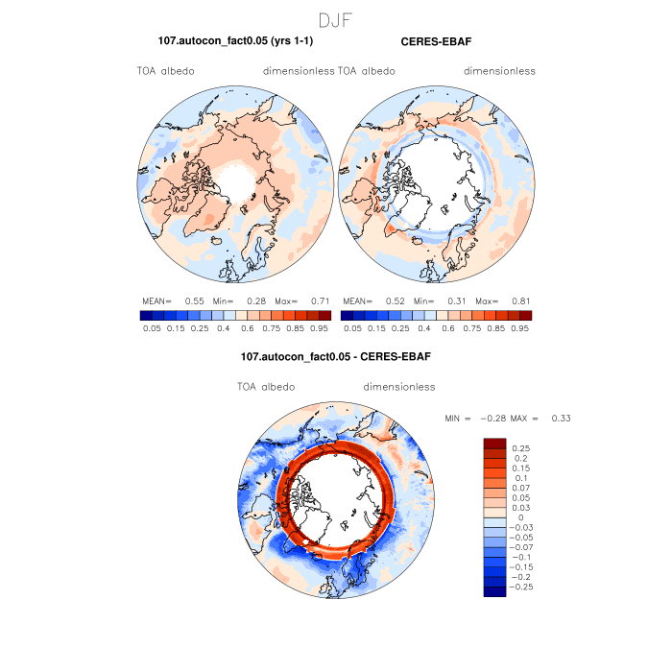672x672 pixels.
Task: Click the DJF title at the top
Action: click(336, 19)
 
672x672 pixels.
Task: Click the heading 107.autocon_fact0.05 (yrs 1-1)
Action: click(235, 41)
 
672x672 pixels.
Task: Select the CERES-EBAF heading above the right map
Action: click(435, 41)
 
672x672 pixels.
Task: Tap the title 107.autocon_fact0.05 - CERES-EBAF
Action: click(335, 356)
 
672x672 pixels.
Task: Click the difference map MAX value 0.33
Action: click(561, 419)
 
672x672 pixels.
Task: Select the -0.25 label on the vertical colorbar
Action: click(525, 586)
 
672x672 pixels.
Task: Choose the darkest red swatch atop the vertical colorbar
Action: click(494, 443)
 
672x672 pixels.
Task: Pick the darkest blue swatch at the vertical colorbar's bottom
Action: click(494, 591)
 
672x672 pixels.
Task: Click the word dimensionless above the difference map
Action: click(399, 387)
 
